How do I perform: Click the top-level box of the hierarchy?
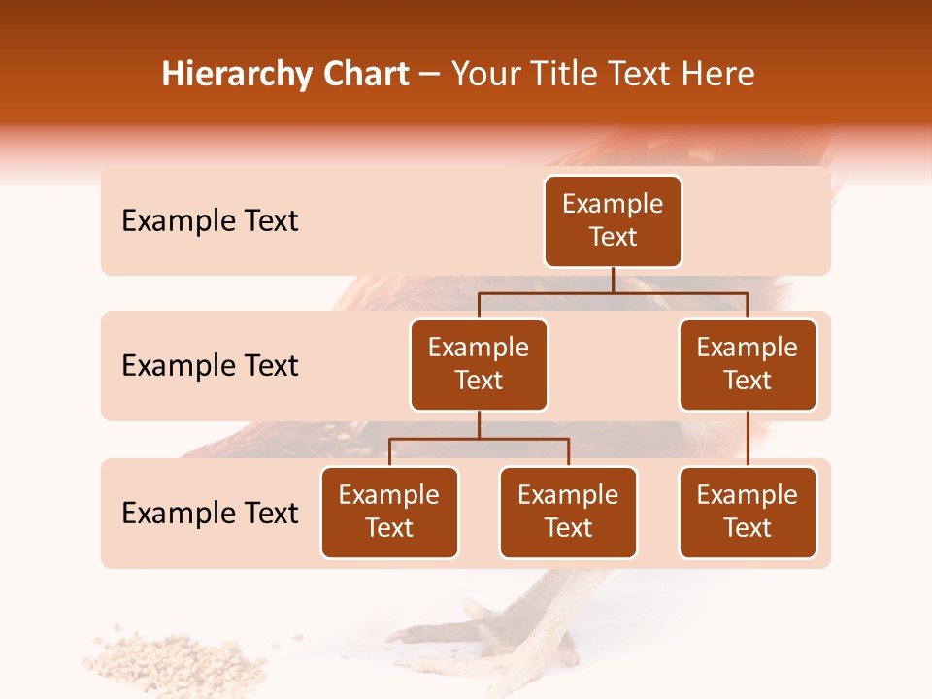(613, 221)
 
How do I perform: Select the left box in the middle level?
(479, 365)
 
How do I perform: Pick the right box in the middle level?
(748, 365)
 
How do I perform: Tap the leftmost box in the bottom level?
(389, 513)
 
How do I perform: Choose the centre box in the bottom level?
(568, 513)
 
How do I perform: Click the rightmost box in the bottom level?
(748, 513)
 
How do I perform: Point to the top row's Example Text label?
(210, 221)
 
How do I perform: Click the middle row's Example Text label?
(210, 366)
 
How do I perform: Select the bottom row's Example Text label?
(210, 514)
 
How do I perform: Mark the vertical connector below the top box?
(613, 280)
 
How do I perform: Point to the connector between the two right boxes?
(748, 439)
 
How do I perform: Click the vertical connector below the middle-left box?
(479, 424)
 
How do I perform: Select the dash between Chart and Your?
(430, 76)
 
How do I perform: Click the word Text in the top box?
(613, 238)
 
